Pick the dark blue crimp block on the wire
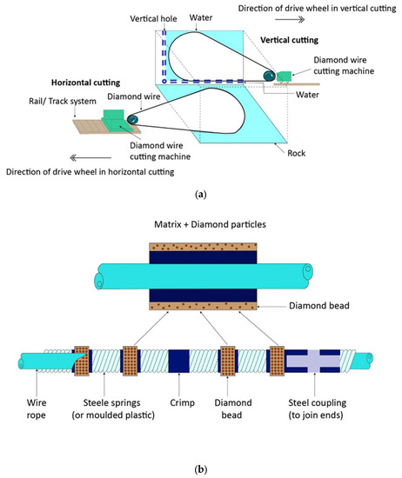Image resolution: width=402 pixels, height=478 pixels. pyautogui.click(x=178, y=360)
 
